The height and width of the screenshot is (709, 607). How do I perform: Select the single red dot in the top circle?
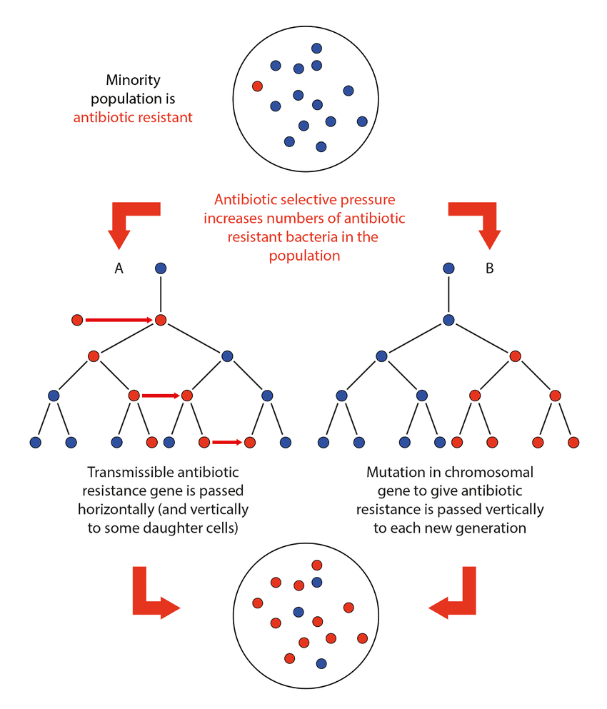tap(258, 86)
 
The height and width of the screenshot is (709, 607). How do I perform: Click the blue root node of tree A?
tap(161, 268)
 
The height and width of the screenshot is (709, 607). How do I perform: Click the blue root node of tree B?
tap(448, 268)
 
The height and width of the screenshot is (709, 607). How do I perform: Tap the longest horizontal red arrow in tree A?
tap(118, 320)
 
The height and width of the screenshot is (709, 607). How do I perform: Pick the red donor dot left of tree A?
tap(77, 320)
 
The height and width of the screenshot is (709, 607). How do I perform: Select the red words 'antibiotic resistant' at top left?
tap(133, 116)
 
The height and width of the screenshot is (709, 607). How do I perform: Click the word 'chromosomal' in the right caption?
tap(497, 473)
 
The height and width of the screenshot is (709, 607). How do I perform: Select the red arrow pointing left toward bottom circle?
tap(456, 598)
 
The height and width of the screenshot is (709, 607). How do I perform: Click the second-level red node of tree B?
tap(516, 356)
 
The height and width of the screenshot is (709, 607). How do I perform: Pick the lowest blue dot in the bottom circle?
tap(321, 663)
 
